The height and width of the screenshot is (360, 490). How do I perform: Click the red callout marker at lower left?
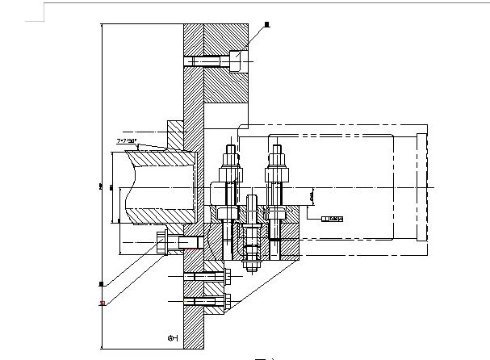(102, 303)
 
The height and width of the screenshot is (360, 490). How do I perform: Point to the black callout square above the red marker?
(101, 284)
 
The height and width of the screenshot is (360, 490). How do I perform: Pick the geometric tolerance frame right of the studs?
(332, 218)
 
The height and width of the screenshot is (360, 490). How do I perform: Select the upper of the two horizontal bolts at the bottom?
(207, 277)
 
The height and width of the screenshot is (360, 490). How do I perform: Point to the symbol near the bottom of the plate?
(171, 338)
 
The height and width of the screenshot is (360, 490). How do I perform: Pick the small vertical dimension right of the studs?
(312, 196)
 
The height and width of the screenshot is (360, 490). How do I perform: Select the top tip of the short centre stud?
(252, 198)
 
